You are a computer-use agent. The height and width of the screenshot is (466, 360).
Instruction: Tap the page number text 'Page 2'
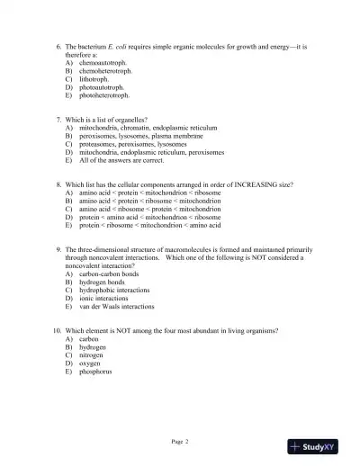click(179, 441)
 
